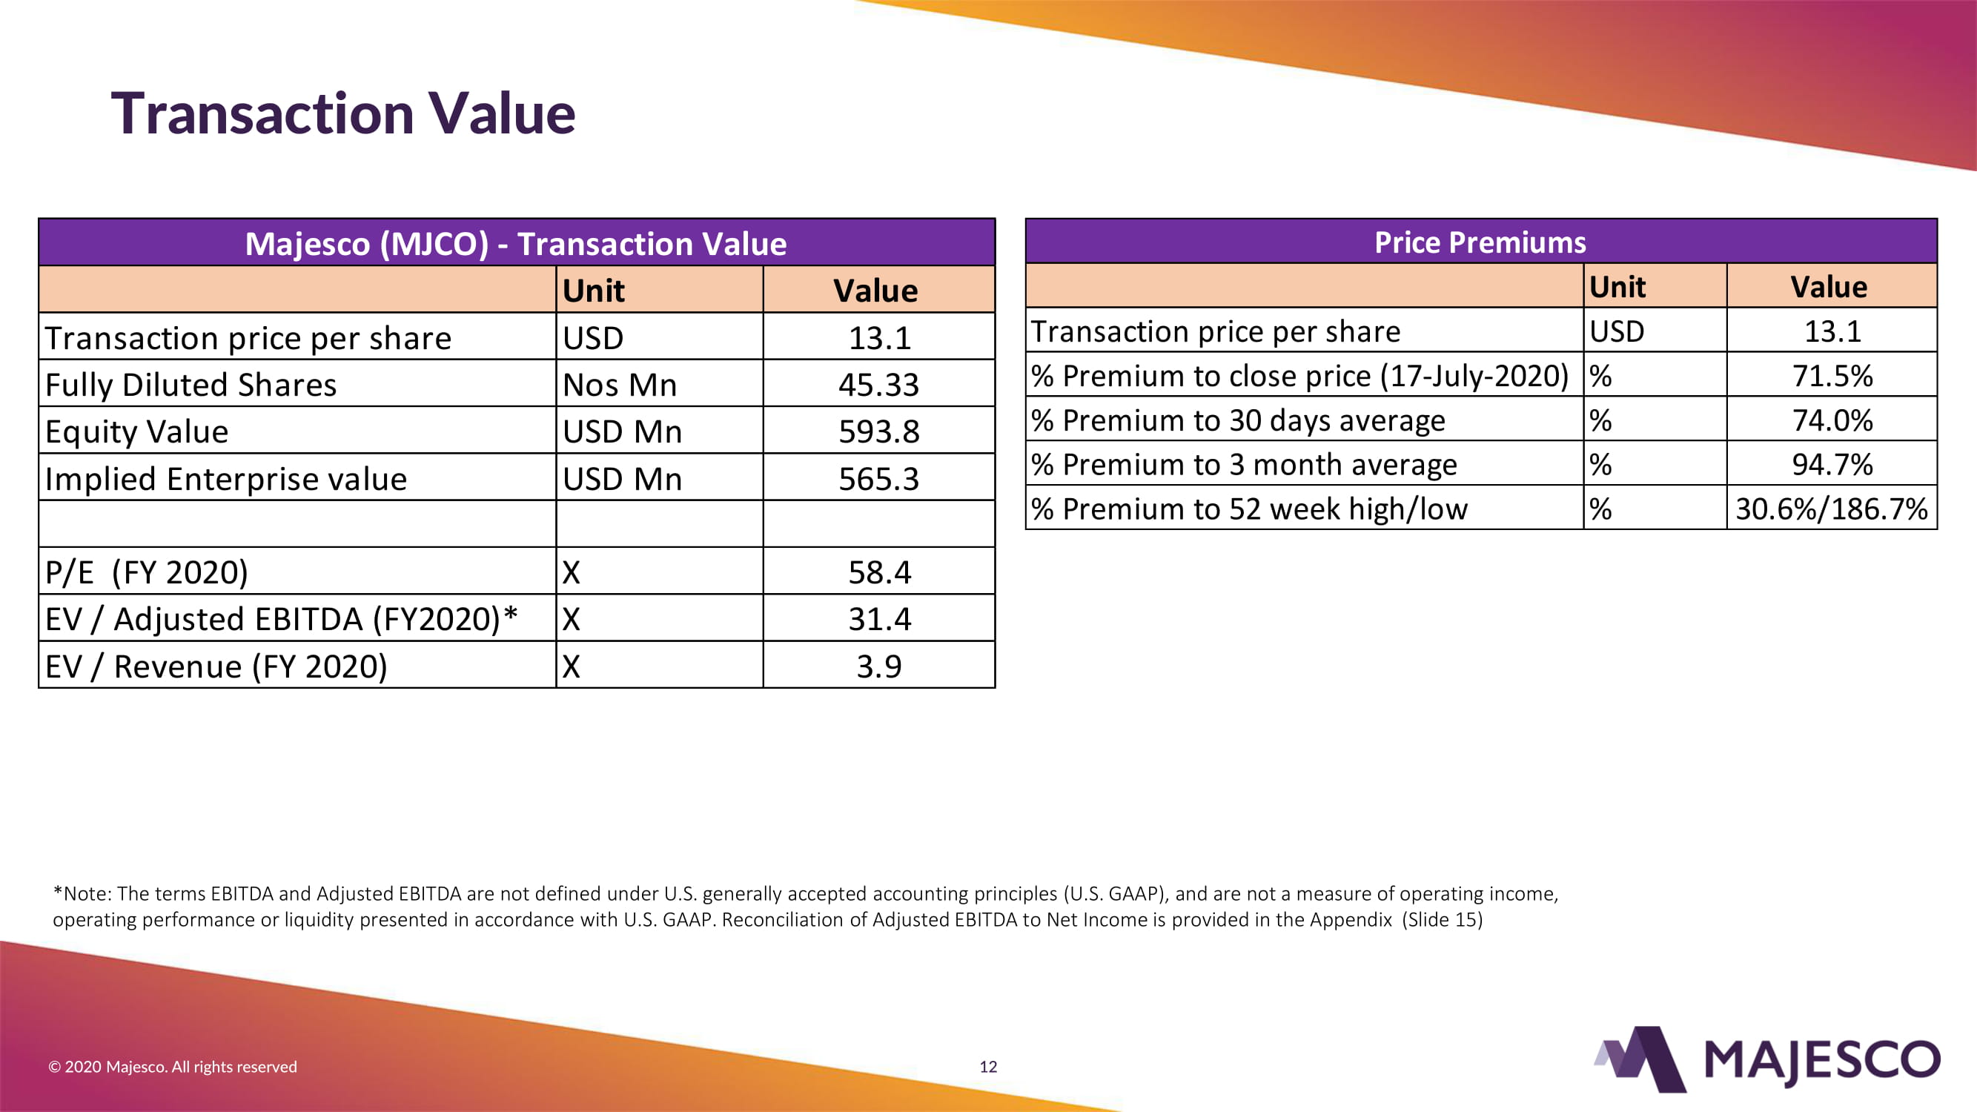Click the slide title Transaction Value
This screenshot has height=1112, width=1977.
[343, 113]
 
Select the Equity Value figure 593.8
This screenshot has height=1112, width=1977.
[878, 431]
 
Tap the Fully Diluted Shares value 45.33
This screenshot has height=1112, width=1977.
[878, 385]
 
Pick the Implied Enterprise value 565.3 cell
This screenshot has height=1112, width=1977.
[878, 479]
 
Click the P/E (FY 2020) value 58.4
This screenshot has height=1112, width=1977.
[879, 572]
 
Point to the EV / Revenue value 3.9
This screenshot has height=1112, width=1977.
[878, 666]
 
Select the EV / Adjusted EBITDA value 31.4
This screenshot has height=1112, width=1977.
[879, 619]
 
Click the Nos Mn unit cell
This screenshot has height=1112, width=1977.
[620, 385]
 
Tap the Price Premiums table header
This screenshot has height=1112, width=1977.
[1480, 242]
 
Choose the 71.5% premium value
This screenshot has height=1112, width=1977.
[1832, 376]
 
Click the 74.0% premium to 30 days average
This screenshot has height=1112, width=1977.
[1832, 420]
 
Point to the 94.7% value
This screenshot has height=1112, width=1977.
[1832, 464]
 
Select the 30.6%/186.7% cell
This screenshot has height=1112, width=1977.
[1831, 509]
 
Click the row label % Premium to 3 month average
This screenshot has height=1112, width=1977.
[1244, 464]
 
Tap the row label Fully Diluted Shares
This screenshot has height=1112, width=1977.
[191, 385]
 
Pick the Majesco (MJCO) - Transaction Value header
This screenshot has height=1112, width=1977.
[516, 244]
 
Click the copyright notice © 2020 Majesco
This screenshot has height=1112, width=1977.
[173, 1067]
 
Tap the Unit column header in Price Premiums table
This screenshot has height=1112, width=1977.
[1617, 287]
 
